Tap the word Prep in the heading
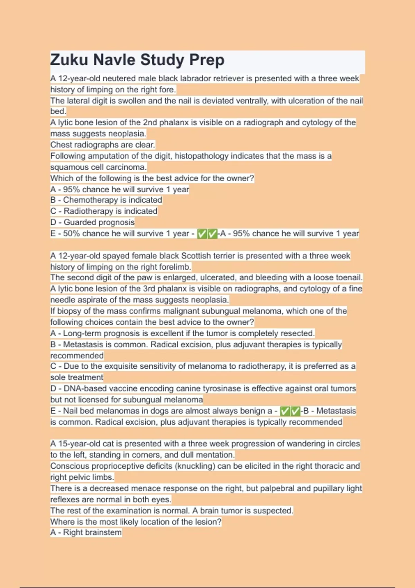point(206,60)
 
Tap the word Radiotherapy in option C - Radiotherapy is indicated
point(88,211)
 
